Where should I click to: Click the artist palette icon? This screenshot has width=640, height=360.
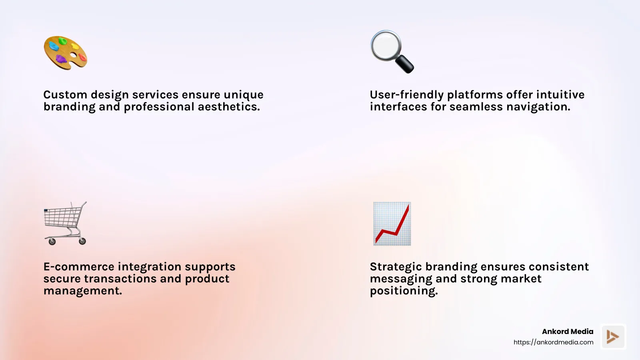coord(65,53)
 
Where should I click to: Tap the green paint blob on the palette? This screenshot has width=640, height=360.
coord(63,41)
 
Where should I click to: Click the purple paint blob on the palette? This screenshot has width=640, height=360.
coord(61,59)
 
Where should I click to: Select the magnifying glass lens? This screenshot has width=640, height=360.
coord(385,45)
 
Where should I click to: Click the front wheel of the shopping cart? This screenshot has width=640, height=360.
coord(52,241)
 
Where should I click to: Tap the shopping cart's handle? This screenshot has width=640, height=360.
coord(83,205)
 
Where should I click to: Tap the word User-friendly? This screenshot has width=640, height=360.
coord(406,95)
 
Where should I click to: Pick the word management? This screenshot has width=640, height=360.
coord(82,291)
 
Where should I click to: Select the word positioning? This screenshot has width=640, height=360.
coord(404,291)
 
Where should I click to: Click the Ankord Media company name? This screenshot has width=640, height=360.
coord(567,331)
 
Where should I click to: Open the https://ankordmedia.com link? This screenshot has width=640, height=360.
coord(553,342)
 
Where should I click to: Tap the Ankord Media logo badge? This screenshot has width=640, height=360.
coord(613,336)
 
